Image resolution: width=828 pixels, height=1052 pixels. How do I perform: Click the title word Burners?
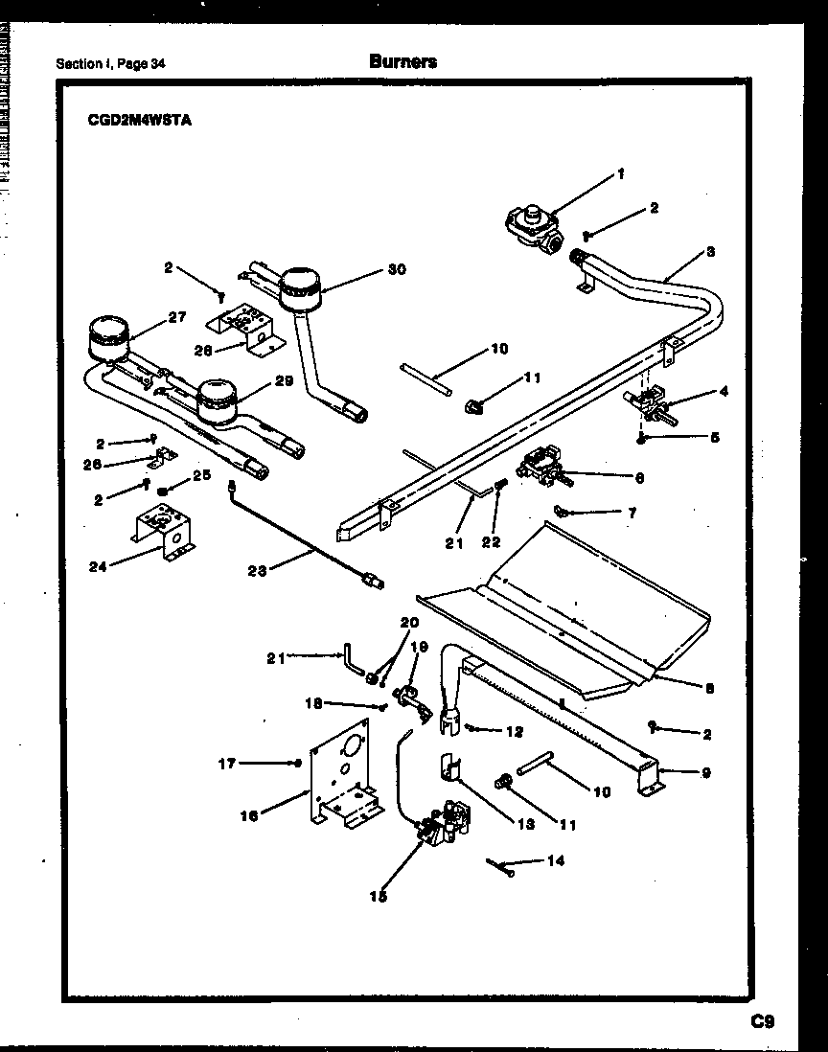click(402, 61)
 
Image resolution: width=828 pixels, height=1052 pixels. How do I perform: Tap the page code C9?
click(762, 1021)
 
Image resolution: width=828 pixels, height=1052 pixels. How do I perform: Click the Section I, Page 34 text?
click(110, 64)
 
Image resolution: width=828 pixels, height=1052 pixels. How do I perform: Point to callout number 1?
click(620, 174)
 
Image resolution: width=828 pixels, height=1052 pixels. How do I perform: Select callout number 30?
click(397, 269)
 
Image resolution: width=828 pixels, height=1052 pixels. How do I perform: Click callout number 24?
click(99, 565)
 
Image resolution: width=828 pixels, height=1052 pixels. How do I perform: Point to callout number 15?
click(379, 897)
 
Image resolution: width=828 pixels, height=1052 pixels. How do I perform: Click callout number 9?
click(705, 771)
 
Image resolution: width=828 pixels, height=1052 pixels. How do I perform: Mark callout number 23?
click(257, 571)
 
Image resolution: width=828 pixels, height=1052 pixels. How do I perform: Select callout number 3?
click(710, 251)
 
